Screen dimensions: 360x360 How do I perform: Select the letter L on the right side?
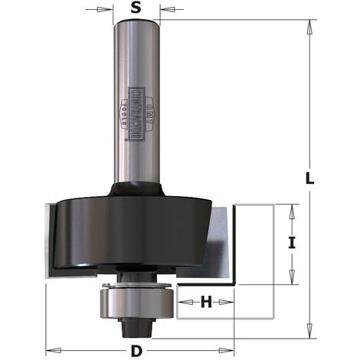[x=309, y=179]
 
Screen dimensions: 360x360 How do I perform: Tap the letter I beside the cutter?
[x=291, y=244]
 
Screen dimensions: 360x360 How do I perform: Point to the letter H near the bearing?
[x=206, y=302]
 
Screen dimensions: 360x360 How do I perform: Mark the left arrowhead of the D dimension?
[x=51, y=343]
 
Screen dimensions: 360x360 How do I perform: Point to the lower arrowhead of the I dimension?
[x=292, y=279]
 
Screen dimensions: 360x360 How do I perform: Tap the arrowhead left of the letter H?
[x=184, y=302]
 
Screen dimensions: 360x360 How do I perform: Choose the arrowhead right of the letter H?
[x=229, y=302]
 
